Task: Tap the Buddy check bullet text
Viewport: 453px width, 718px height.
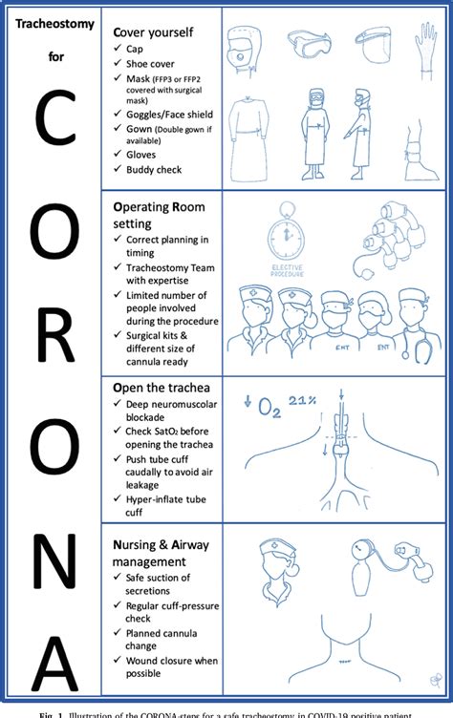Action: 154,169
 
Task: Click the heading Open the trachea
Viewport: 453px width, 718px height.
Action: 161,388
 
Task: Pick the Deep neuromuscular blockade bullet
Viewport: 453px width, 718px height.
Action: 163,412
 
